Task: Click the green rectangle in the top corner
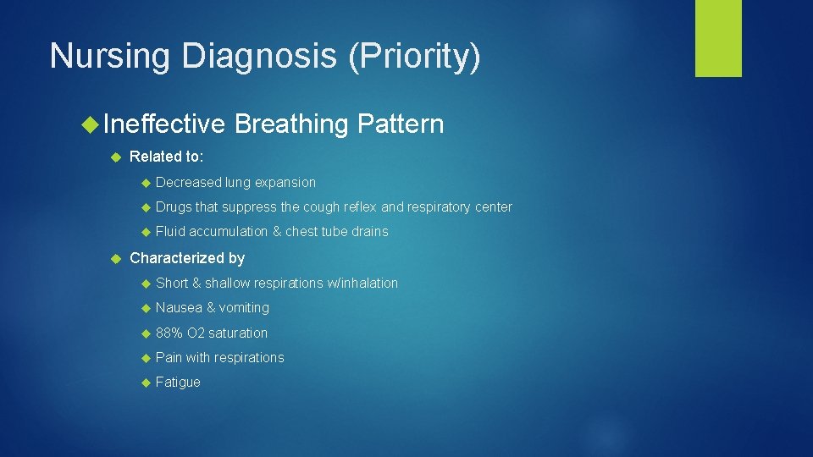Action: (x=718, y=37)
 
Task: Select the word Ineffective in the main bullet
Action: (x=164, y=124)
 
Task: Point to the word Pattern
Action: (x=400, y=124)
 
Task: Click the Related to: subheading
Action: (x=166, y=157)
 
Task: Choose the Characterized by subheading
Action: (x=186, y=258)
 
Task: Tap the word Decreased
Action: (x=189, y=182)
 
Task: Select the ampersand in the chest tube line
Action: (x=276, y=232)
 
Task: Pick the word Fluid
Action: (x=170, y=232)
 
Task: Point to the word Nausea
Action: (x=179, y=308)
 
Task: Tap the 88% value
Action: (x=169, y=333)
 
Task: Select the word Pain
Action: (x=169, y=357)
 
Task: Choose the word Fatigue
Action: (x=178, y=383)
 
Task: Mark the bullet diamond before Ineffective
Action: (x=90, y=125)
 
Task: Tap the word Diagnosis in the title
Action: (x=257, y=56)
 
